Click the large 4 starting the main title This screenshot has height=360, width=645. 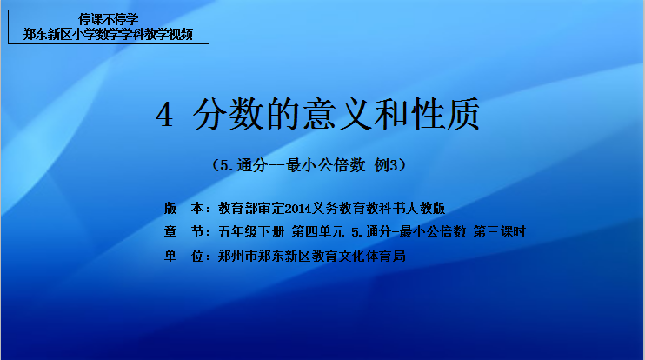164,115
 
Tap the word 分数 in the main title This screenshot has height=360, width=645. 229,115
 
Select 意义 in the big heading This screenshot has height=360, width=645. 337,115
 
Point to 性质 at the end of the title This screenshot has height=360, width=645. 445,115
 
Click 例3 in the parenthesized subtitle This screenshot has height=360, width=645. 386,165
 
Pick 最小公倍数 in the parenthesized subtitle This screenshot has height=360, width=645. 326,165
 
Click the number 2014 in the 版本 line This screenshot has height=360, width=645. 298,209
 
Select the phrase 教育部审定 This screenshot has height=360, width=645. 251,208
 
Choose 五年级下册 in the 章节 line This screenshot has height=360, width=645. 251,231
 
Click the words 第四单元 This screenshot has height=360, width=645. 318,231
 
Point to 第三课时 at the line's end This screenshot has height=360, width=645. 499,231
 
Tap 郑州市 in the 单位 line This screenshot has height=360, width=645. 238,256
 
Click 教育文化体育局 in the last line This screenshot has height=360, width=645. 359,256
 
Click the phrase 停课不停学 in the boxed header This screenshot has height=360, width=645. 109,19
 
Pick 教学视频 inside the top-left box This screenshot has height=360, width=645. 169,34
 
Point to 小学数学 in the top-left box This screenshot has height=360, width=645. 96,34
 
